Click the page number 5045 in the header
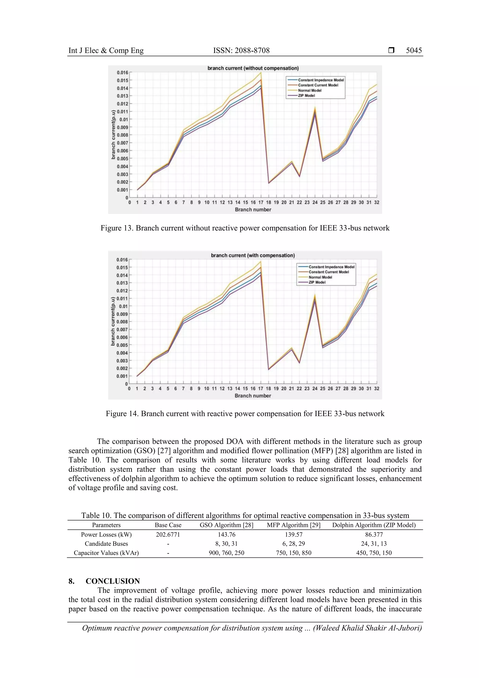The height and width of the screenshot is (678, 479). [x=414, y=51]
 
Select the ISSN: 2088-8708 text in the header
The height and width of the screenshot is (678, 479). [x=241, y=51]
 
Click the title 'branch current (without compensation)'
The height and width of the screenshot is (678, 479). [x=253, y=68]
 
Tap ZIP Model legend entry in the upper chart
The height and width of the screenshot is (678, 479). [x=306, y=96]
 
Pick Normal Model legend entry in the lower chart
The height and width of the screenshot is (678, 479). [x=320, y=277]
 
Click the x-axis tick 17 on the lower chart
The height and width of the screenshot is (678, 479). [x=261, y=388]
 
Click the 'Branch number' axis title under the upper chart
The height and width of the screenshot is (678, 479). [x=253, y=210]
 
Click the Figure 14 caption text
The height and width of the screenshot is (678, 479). [x=245, y=414]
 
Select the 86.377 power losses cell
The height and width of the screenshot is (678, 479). [x=374, y=535]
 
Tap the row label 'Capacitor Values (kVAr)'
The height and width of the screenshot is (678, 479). [x=106, y=553]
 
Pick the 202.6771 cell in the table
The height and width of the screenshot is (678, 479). [x=168, y=535]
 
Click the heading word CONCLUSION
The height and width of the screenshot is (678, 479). [x=113, y=581]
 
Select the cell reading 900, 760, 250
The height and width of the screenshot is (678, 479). [x=226, y=553]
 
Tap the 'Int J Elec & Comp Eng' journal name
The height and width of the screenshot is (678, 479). [x=106, y=51]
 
